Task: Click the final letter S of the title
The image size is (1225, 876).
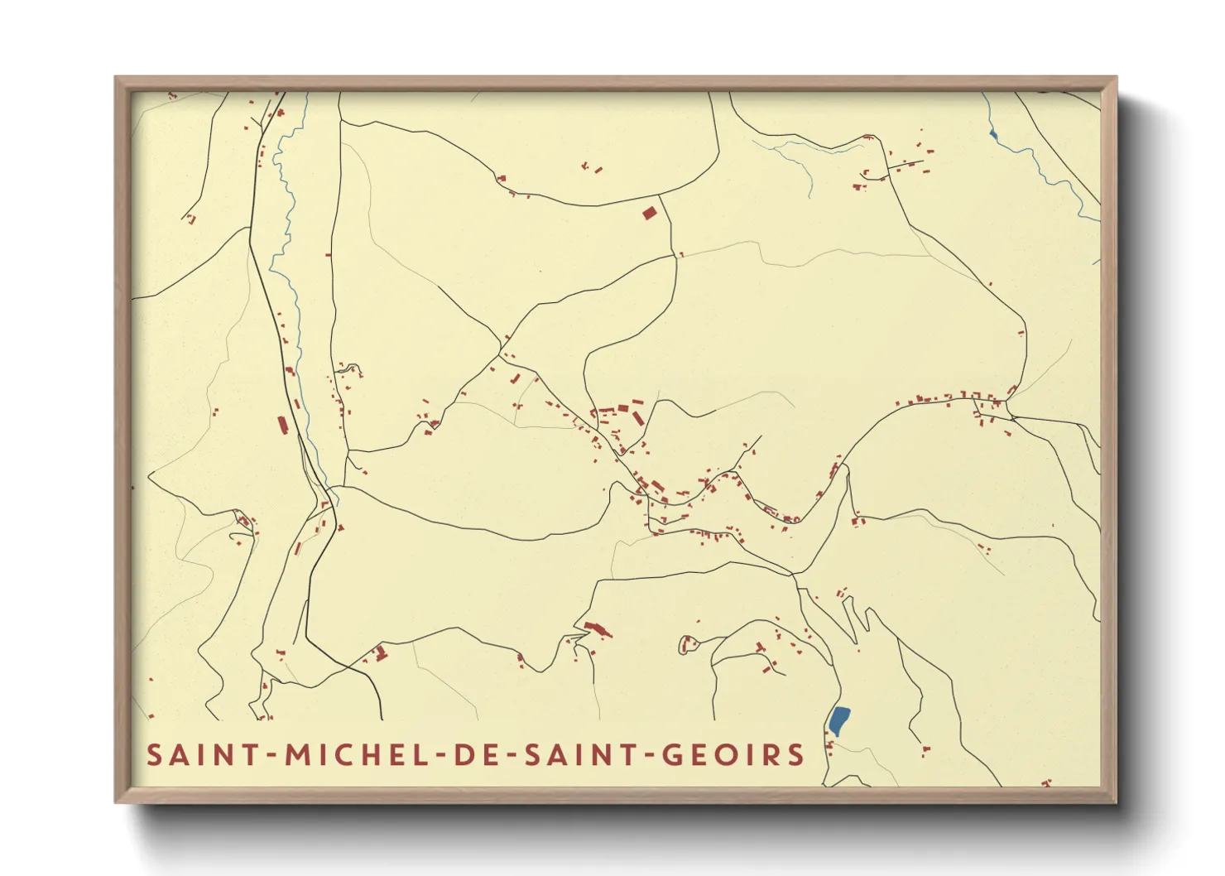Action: click(x=795, y=755)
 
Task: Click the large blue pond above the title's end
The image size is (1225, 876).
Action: click(x=839, y=720)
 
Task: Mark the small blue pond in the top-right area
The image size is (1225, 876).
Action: click(x=993, y=132)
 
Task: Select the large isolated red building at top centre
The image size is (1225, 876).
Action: click(x=650, y=213)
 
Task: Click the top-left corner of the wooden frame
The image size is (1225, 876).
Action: click(x=116, y=78)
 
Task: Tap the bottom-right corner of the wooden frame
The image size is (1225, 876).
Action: click(x=1116, y=801)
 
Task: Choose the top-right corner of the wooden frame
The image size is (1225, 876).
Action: click(x=1116, y=78)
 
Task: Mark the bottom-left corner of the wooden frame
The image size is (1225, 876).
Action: click(x=116, y=801)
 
